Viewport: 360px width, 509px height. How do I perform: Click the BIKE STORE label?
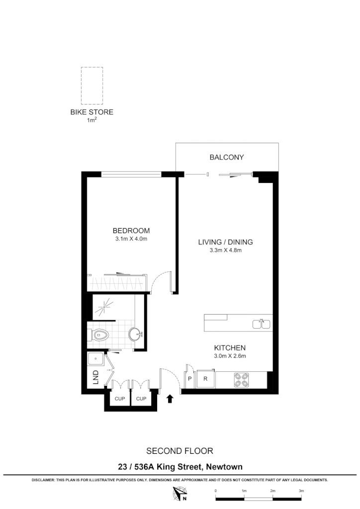click(91, 112)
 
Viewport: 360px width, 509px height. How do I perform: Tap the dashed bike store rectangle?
click(92, 85)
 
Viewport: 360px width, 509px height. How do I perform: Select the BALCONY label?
click(227, 158)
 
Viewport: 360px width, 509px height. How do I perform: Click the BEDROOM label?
click(131, 231)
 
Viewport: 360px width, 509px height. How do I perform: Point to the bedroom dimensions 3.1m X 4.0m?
click(131, 239)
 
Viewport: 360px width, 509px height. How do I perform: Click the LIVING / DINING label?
click(226, 242)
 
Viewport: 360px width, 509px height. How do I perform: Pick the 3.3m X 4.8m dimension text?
click(226, 251)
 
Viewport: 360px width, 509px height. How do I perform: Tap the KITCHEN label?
click(230, 347)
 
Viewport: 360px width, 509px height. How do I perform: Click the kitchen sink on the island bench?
click(262, 324)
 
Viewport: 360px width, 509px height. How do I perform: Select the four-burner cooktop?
click(242, 380)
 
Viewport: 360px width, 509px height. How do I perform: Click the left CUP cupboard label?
click(119, 398)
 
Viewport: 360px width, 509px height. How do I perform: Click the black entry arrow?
click(170, 398)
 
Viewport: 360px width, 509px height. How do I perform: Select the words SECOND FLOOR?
click(180, 451)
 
